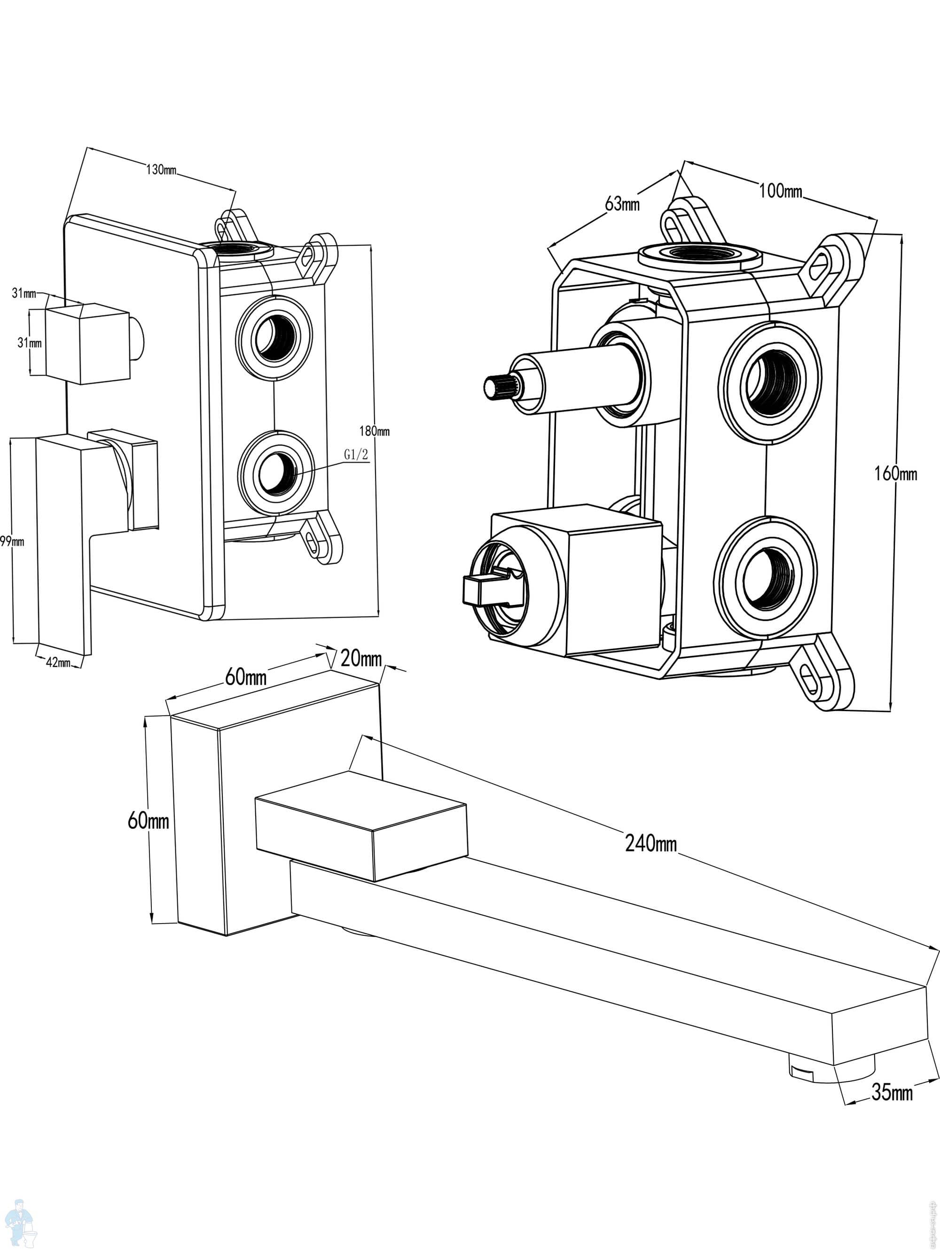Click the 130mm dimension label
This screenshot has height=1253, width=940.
tap(162, 169)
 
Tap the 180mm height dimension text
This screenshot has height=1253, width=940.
tap(375, 431)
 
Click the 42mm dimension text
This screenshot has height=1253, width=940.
tap(58, 662)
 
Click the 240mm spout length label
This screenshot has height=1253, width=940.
tap(651, 844)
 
